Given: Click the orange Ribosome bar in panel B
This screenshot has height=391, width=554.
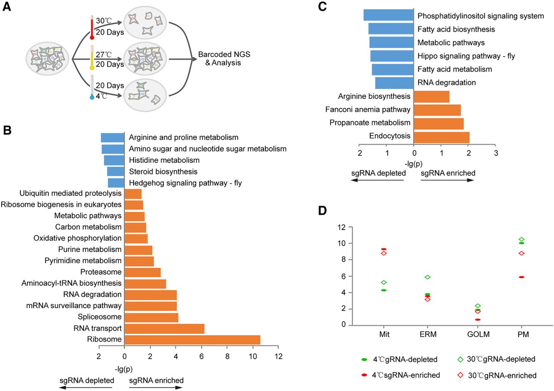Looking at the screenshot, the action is [x=193, y=339].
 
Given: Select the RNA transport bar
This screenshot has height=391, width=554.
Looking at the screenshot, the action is [x=164, y=328].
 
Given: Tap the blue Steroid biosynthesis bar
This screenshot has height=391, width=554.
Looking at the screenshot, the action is [x=116, y=171].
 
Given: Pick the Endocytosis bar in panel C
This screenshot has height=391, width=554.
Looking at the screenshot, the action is [x=441, y=137].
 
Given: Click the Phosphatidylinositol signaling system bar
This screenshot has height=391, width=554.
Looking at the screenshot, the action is [x=389, y=15].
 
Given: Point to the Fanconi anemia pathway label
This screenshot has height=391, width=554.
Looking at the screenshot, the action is [x=368, y=110].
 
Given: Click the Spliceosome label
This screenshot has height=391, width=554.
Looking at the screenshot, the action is [x=100, y=317].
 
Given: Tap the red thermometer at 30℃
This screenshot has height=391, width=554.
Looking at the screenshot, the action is [x=92, y=27].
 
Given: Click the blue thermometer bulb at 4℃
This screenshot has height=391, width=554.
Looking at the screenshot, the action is [x=92, y=97].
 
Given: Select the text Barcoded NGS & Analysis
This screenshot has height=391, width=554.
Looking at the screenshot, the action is [x=224, y=58].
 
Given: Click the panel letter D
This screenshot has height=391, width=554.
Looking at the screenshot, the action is [x=322, y=210].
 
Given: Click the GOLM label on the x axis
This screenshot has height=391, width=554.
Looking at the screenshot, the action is [x=478, y=334].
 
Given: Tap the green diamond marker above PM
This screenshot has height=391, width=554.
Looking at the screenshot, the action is [x=522, y=239].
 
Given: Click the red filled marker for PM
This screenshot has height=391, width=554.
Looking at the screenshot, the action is [x=522, y=277].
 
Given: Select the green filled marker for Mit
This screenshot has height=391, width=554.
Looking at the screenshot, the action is [x=383, y=290].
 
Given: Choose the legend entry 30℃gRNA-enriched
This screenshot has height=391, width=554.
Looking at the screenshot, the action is [x=497, y=375].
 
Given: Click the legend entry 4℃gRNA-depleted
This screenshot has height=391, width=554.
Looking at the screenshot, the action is [x=399, y=359].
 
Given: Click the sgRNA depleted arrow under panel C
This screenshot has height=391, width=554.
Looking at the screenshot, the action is [x=377, y=180].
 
